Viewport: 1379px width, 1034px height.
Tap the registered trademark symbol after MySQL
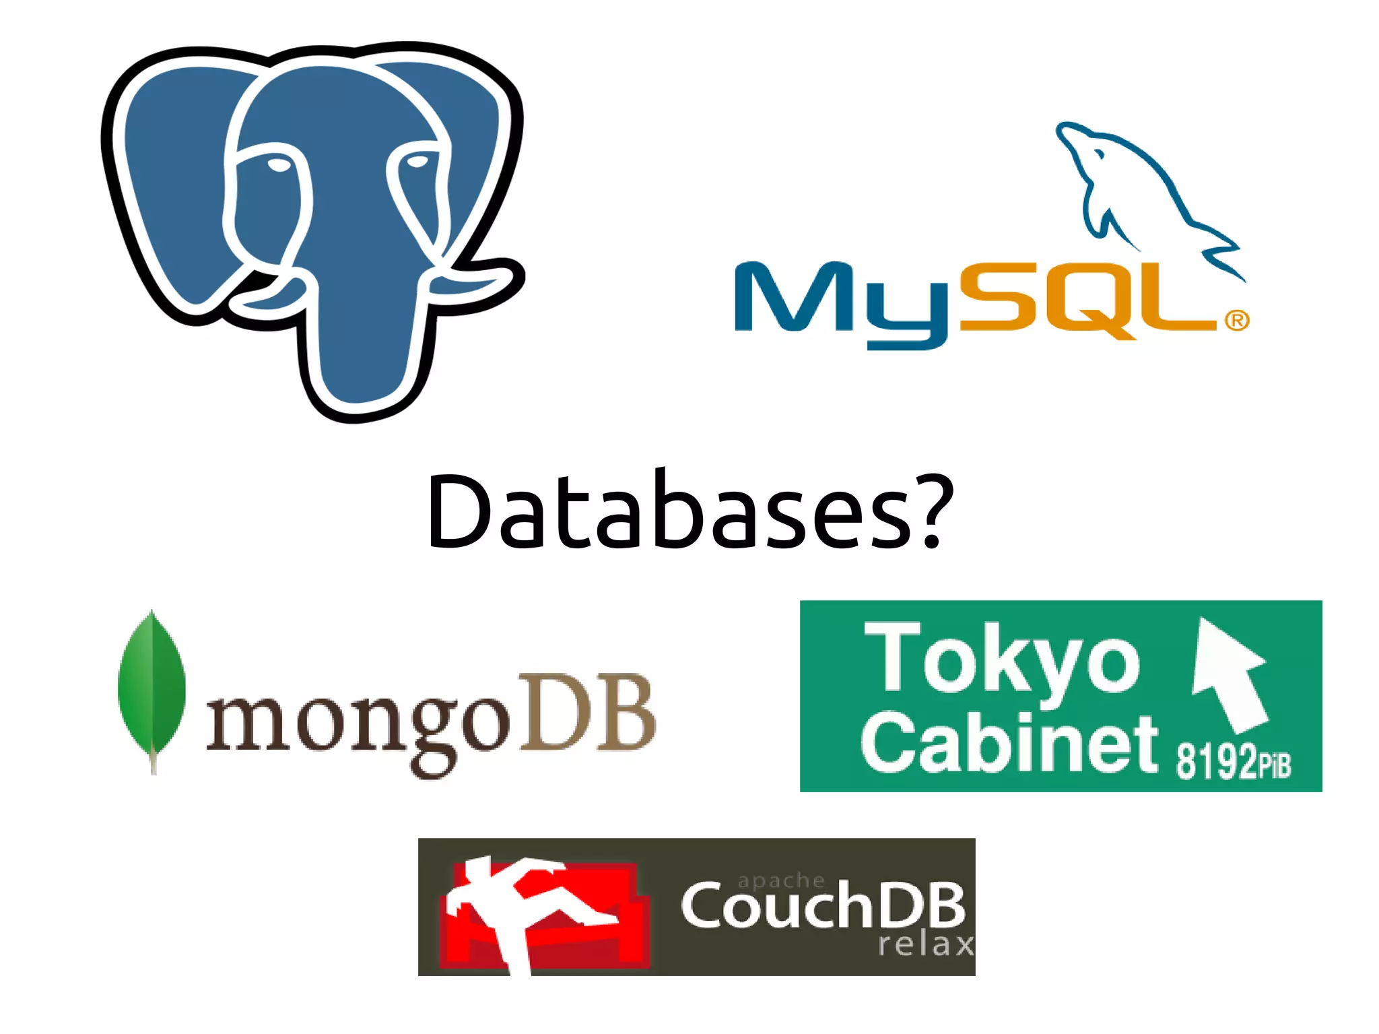tap(1237, 321)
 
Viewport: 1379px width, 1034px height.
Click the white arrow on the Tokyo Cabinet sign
tap(1228, 674)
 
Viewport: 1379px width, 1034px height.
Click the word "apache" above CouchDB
tap(781, 880)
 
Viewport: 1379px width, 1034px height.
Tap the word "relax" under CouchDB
tap(927, 944)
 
